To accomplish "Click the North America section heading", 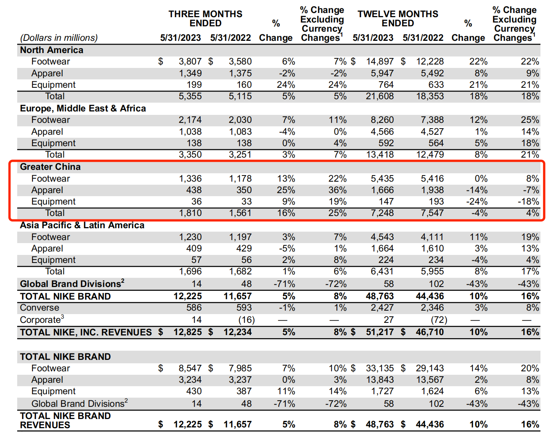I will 52,50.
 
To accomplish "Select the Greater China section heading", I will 50,167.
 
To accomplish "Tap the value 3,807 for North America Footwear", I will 190,61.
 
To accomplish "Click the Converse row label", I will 39,308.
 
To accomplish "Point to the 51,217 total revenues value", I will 380,332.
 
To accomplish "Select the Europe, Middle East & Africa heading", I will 83,108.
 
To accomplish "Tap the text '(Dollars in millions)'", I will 59,38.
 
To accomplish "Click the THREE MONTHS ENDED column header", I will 205,18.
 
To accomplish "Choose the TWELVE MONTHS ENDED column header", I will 398,18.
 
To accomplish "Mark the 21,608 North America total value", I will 380,96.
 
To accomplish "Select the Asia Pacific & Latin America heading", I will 82,225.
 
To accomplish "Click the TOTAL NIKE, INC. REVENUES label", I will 86,332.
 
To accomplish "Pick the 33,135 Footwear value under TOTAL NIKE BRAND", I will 380,368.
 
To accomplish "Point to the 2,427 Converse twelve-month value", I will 382,308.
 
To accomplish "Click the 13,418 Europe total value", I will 380,155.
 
